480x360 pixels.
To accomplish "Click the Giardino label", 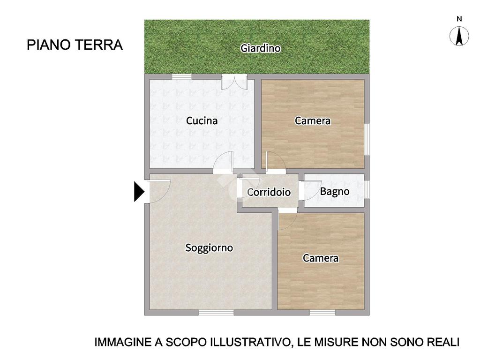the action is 260,48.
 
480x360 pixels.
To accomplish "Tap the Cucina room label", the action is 202,120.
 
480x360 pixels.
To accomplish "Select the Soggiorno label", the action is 209,248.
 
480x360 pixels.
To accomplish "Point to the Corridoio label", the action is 269,192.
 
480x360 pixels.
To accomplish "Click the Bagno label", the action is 335,192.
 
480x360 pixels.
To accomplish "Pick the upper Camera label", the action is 313,120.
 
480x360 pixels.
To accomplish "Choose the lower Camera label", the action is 321,258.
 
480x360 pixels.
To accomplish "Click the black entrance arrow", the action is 139,192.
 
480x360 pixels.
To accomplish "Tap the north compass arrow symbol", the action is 459,36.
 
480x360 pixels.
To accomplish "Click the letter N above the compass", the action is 459,19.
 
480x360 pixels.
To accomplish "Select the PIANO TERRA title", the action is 75,45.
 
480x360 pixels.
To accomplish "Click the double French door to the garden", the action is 234,82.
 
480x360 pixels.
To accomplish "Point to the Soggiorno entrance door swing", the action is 159,191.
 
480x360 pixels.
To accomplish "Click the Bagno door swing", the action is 310,190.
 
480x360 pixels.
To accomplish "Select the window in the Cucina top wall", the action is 182,76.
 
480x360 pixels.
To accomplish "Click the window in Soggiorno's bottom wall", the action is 216,312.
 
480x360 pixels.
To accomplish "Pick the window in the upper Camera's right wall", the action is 367,139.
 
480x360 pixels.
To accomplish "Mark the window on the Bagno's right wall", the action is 367,189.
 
